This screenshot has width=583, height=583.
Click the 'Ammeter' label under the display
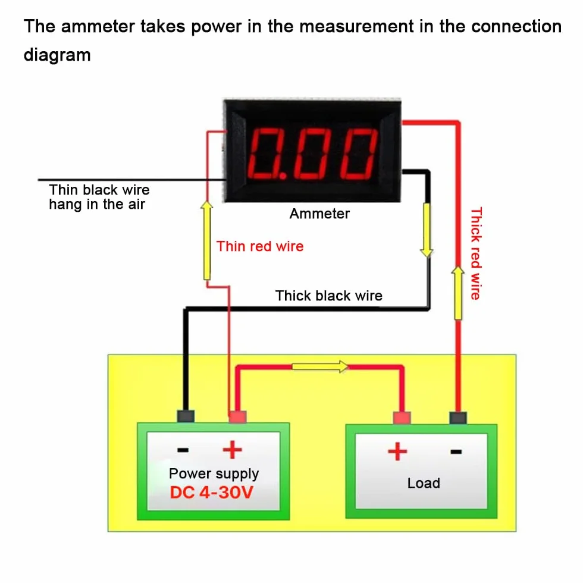(319, 214)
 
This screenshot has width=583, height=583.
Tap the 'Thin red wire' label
(260, 246)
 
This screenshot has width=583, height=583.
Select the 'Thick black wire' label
(328, 296)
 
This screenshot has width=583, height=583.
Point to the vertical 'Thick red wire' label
(476, 253)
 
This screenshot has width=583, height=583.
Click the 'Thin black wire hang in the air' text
(99, 197)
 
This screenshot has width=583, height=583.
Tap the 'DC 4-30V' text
(212, 493)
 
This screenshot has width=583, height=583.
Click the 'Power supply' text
(214, 474)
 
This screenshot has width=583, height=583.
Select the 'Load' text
(424, 483)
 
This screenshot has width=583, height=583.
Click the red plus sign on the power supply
(233, 450)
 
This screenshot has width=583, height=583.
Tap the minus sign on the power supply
(183, 450)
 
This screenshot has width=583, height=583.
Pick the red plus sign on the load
(397, 452)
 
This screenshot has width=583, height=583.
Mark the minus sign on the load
(456, 452)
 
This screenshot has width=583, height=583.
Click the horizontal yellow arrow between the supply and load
(320, 366)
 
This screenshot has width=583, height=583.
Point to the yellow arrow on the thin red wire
(207, 240)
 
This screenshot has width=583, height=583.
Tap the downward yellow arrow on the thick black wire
(427, 230)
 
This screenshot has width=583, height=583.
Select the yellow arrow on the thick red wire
(458, 293)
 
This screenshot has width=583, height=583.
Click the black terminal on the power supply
(186, 416)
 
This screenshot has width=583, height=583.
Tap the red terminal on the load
(402, 418)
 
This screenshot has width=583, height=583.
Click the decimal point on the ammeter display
(283, 175)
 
